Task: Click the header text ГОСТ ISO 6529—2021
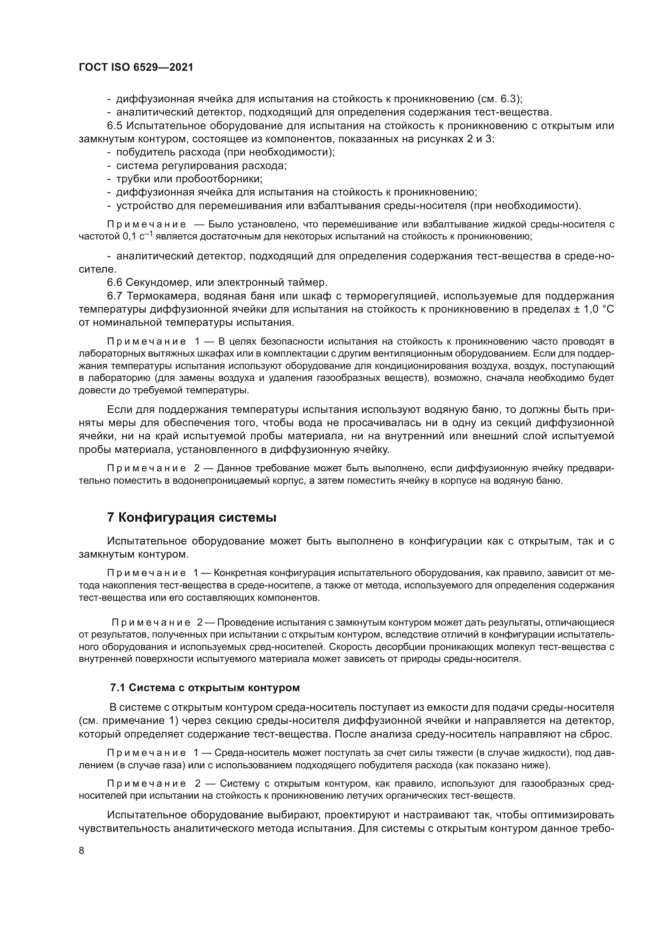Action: coord(136,68)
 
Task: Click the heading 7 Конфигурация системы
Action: coord(192,518)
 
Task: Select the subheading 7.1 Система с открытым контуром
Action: coord(205,688)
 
